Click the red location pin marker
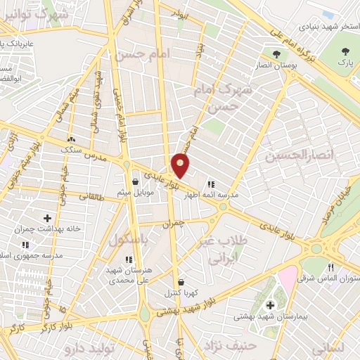click(181, 166)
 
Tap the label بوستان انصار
click(278, 66)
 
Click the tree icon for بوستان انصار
click(279, 53)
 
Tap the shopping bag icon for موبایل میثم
click(134, 181)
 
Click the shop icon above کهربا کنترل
click(181, 282)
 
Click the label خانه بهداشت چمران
click(50, 229)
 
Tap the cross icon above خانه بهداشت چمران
click(47, 218)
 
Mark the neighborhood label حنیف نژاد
click(228, 344)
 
